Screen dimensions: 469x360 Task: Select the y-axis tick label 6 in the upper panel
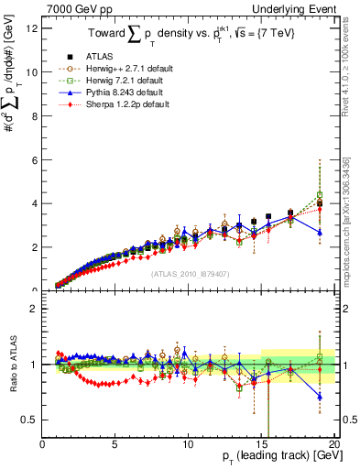pos(34,159)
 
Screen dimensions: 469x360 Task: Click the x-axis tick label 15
pos(261,444)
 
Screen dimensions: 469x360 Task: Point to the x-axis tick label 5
pos(115,444)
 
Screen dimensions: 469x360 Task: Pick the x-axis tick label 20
pos(333,444)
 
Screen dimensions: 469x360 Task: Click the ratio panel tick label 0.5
pos(29,420)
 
